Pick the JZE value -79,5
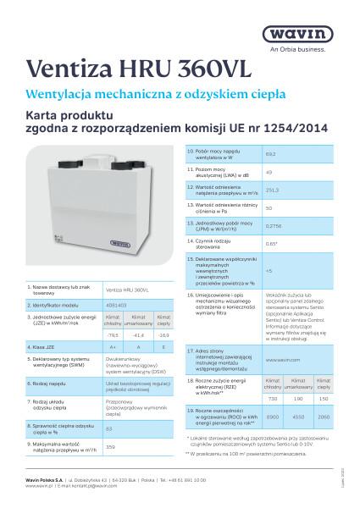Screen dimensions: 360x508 (x=113, y=335)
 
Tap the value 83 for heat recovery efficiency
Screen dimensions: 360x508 (x=109, y=429)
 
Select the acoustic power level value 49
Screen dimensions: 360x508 (x=269, y=172)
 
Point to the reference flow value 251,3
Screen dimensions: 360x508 (x=272, y=190)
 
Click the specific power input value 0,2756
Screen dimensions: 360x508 (x=274, y=226)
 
